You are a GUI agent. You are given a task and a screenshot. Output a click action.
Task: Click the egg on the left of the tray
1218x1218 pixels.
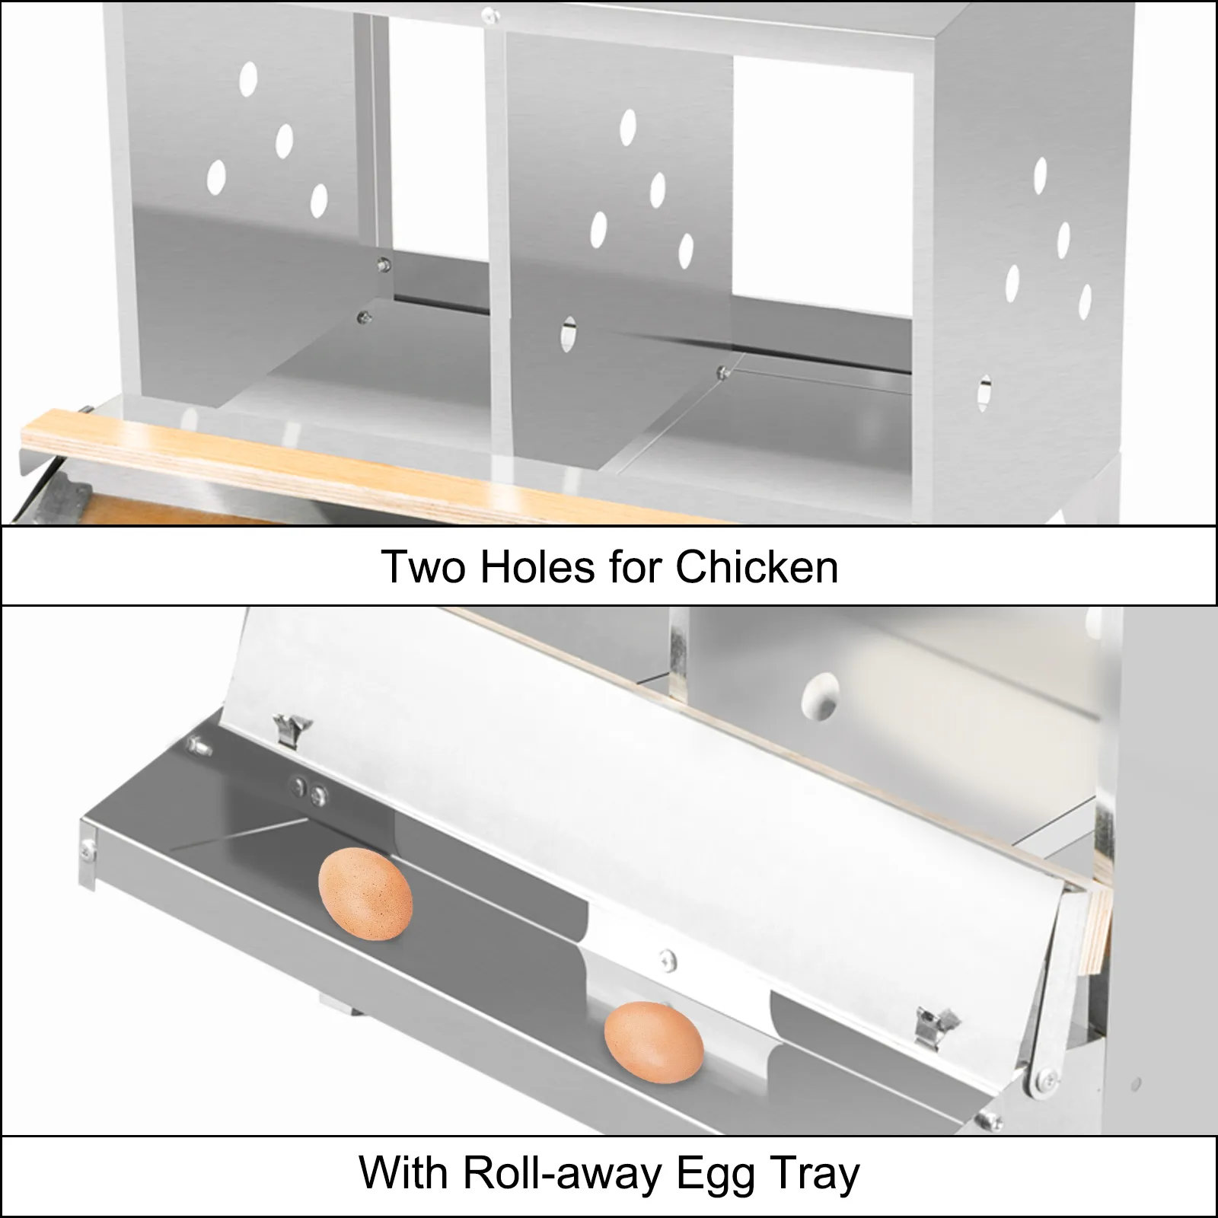pyautogui.click(x=365, y=896)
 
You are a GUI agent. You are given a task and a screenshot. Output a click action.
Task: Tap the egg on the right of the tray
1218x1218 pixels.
pyautogui.click(x=654, y=1039)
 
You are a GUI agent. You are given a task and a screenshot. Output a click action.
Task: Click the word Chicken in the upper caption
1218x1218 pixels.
pyautogui.click(x=757, y=566)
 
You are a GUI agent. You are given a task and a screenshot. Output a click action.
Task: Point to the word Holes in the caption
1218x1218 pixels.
pyautogui.click(x=537, y=566)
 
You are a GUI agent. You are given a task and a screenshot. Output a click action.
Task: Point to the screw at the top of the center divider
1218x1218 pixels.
pyautogui.click(x=496, y=13)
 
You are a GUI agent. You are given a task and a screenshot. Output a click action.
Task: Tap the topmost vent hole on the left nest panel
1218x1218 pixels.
pyautogui.click(x=248, y=78)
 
